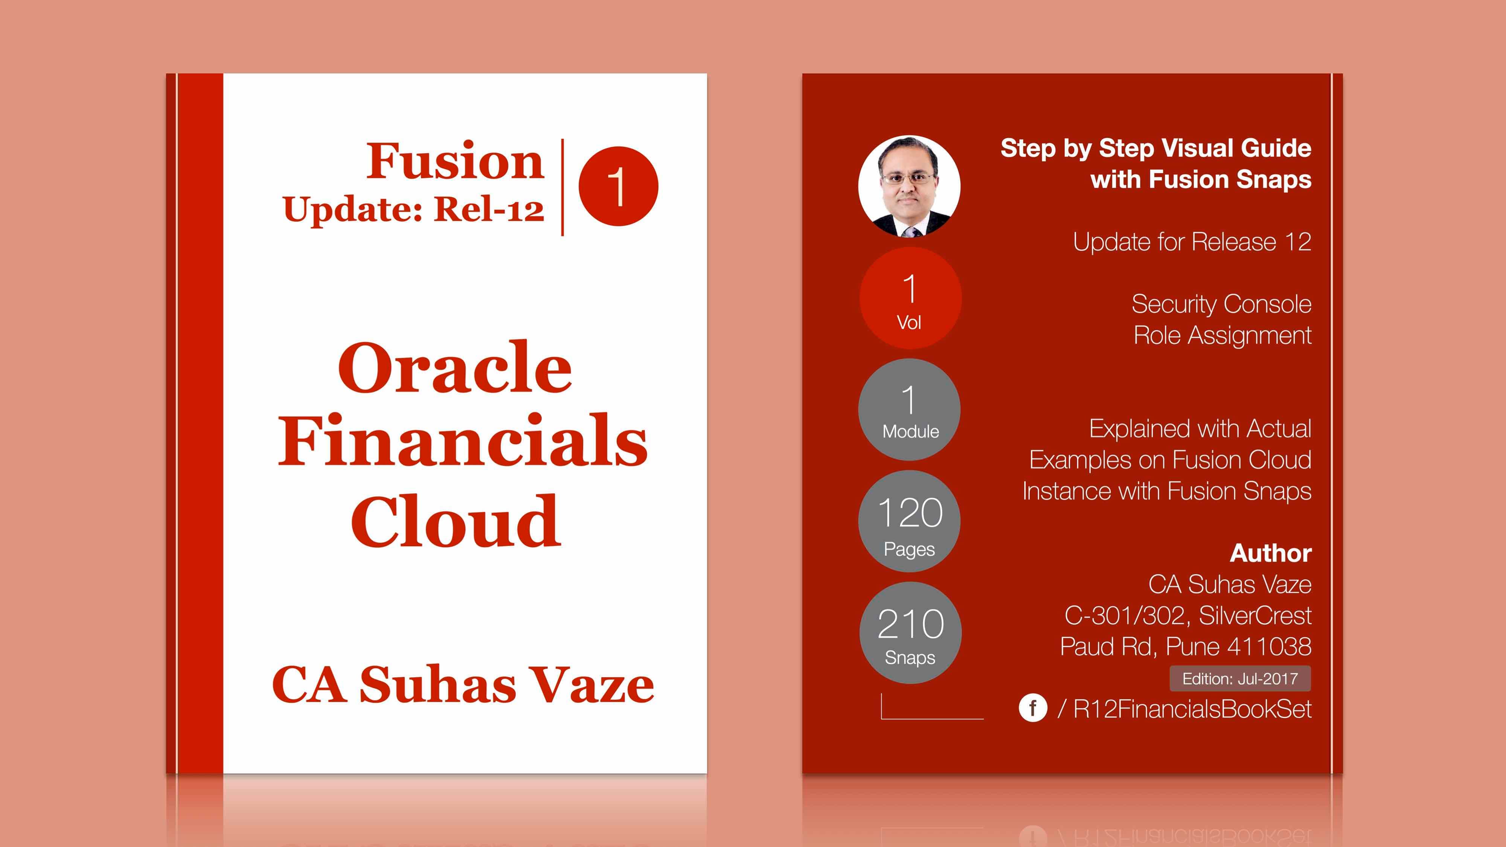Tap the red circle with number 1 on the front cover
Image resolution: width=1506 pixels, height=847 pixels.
point(618,186)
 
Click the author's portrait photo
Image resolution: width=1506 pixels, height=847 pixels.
point(909,186)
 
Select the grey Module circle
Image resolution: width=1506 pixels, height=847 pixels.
point(909,409)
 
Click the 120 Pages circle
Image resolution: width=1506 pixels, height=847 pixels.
point(909,521)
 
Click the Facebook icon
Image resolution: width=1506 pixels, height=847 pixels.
point(1033,708)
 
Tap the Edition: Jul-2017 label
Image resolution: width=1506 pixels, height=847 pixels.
point(1240,679)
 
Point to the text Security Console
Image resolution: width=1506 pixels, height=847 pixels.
point(1221,304)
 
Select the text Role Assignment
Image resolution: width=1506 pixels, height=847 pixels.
point(1222,335)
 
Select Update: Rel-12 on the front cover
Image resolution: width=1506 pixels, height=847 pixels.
point(413,209)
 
